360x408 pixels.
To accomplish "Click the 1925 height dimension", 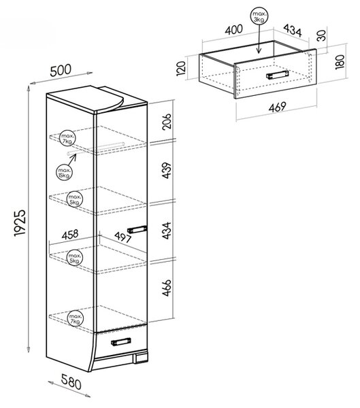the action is (20, 223).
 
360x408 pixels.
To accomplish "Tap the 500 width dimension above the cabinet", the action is (61, 71).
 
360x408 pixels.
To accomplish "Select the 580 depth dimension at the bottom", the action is (71, 381).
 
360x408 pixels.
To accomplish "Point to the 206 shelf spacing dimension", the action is (167, 121).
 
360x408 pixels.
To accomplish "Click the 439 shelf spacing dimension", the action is (167, 171).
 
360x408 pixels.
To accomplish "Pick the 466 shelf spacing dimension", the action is (167, 288).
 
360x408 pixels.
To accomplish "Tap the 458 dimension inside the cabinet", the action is (70, 235).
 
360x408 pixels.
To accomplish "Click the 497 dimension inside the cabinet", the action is (122, 237).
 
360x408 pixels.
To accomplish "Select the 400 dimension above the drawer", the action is (234, 29).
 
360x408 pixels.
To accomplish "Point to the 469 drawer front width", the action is (278, 107).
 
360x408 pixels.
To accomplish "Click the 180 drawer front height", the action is (340, 62).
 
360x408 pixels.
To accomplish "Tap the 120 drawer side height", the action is (181, 68).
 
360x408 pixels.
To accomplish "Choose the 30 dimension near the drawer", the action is (322, 35).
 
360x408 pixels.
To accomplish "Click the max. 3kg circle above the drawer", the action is (259, 16).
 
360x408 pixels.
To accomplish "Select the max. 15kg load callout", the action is (64, 172).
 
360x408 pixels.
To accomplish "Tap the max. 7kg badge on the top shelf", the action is (67, 138).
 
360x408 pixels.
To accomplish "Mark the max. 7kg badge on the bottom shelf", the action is (76, 319).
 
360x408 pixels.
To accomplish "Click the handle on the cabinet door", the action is (137, 229).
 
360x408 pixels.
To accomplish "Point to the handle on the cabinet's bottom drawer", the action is (121, 341).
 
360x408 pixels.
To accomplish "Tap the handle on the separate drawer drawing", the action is (278, 74).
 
